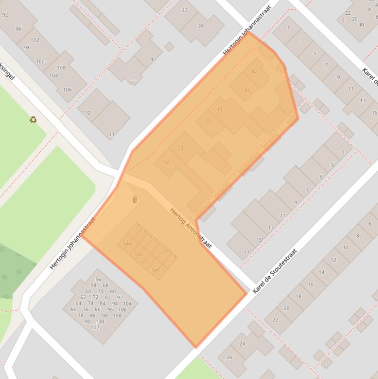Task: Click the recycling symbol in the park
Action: coord(33,119)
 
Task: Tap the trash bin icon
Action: coord(135,199)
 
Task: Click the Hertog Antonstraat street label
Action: coord(190,228)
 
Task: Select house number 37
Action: coord(184,10)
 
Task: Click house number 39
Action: coord(201,26)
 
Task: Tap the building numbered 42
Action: coord(254,71)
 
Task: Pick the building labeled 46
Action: coord(247,90)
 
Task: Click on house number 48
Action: coord(219,109)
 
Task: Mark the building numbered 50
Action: coord(207,121)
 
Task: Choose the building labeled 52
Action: coord(180,148)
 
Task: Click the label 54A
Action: coord(127,244)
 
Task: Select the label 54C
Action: coord(138,254)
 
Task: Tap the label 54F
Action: coord(155,270)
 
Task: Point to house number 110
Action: coord(86,113)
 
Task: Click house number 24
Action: coord(242,344)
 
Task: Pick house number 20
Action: coord(286,308)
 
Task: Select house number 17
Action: coord(246,253)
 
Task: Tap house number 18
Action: coord(298,296)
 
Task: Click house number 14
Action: coord(321,272)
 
